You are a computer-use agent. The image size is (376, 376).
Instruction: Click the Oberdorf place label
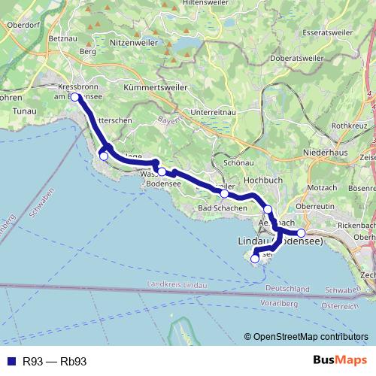(22, 24)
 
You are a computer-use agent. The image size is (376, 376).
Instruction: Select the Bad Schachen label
(221, 208)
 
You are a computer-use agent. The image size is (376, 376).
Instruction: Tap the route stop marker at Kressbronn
(75, 97)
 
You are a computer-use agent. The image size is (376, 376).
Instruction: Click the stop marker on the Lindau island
(255, 258)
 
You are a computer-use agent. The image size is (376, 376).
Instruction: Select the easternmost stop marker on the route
(302, 232)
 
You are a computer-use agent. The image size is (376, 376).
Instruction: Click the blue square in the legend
(10, 361)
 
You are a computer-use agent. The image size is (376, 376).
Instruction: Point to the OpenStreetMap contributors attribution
(306, 337)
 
